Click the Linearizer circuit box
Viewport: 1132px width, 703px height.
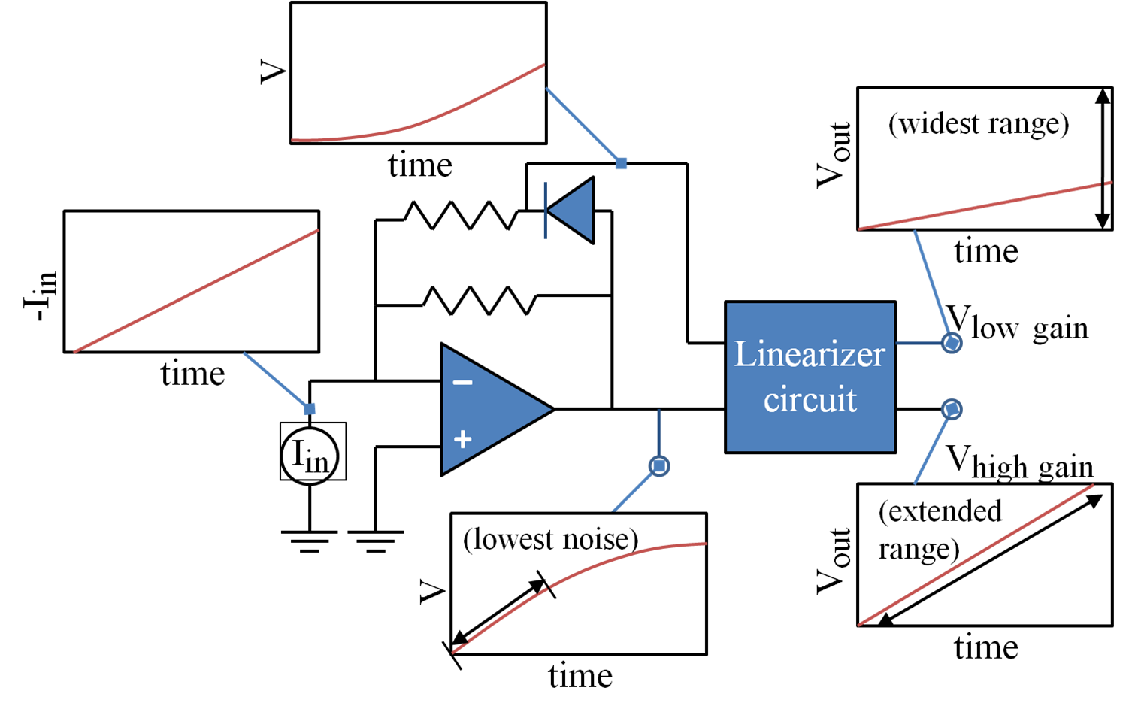810,377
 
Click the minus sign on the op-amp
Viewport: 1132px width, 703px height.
462,383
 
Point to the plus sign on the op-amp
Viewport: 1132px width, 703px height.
462,439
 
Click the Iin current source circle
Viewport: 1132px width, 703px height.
310,455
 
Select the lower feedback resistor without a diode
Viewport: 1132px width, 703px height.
479,300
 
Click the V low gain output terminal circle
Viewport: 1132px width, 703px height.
952,344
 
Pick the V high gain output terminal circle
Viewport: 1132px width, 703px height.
952,409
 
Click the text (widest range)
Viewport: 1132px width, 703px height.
978,124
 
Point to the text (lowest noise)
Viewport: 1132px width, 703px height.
550,539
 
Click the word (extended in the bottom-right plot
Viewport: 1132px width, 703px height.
940,511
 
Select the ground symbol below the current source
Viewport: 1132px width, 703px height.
309,541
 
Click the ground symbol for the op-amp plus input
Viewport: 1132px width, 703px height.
375,541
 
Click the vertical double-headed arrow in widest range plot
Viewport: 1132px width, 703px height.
1102,158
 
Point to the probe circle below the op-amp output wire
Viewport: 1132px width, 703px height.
659,467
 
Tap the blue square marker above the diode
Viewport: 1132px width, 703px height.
621,163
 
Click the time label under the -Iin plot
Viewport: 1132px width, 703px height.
192,374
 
